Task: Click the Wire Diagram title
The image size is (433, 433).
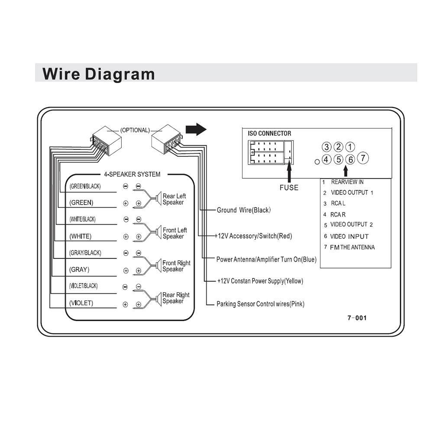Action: [x=98, y=74]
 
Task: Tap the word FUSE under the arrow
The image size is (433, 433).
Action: [x=289, y=188]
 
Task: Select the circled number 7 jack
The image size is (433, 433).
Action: [x=363, y=158]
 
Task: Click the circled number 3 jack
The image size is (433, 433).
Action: [x=326, y=147]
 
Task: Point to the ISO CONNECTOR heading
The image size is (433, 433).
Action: [x=269, y=133]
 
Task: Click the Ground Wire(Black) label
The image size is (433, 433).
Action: [x=243, y=210]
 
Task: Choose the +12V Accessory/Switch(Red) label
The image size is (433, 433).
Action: [x=253, y=236]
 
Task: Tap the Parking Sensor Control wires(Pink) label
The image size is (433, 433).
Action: [x=260, y=304]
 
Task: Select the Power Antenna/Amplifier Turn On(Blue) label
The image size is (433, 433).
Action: [x=266, y=259]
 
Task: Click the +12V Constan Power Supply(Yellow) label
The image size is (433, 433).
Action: [x=260, y=281]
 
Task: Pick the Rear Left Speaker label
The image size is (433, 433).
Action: [x=174, y=199]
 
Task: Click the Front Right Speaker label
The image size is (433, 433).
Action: [x=176, y=266]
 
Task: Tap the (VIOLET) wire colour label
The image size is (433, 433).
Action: [x=81, y=303]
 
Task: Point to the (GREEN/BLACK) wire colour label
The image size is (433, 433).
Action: [x=85, y=186]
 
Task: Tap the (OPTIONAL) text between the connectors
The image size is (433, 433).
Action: [x=135, y=130]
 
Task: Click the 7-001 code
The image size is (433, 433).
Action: [x=357, y=318]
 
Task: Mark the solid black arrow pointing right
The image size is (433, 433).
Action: [x=196, y=129]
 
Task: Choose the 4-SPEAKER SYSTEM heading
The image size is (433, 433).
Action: [x=132, y=174]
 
